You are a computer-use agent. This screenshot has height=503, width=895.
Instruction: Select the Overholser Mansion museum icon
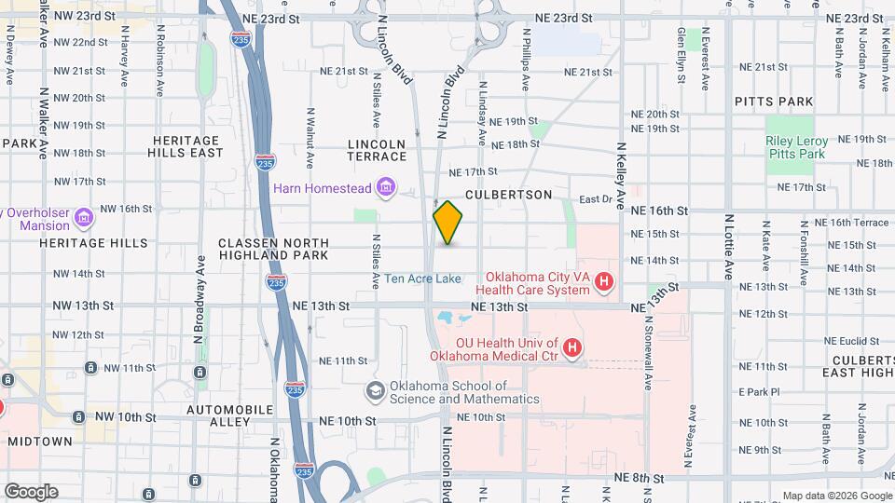pos(85,218)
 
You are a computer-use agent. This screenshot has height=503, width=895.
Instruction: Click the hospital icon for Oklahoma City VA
pos(604,280)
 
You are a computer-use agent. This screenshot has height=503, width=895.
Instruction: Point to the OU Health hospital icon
pos(572,349)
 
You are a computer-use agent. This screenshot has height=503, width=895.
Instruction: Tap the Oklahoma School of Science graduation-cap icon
pos(375,392)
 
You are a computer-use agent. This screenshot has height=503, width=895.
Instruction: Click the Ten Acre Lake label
pos(422,279)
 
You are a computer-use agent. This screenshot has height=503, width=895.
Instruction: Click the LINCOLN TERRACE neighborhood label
pos(377,151)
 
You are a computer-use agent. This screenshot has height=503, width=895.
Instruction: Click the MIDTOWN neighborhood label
pos(39,441)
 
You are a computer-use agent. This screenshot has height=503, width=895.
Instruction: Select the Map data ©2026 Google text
pos(836,496)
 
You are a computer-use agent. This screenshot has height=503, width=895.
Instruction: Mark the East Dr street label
pos(594,199)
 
